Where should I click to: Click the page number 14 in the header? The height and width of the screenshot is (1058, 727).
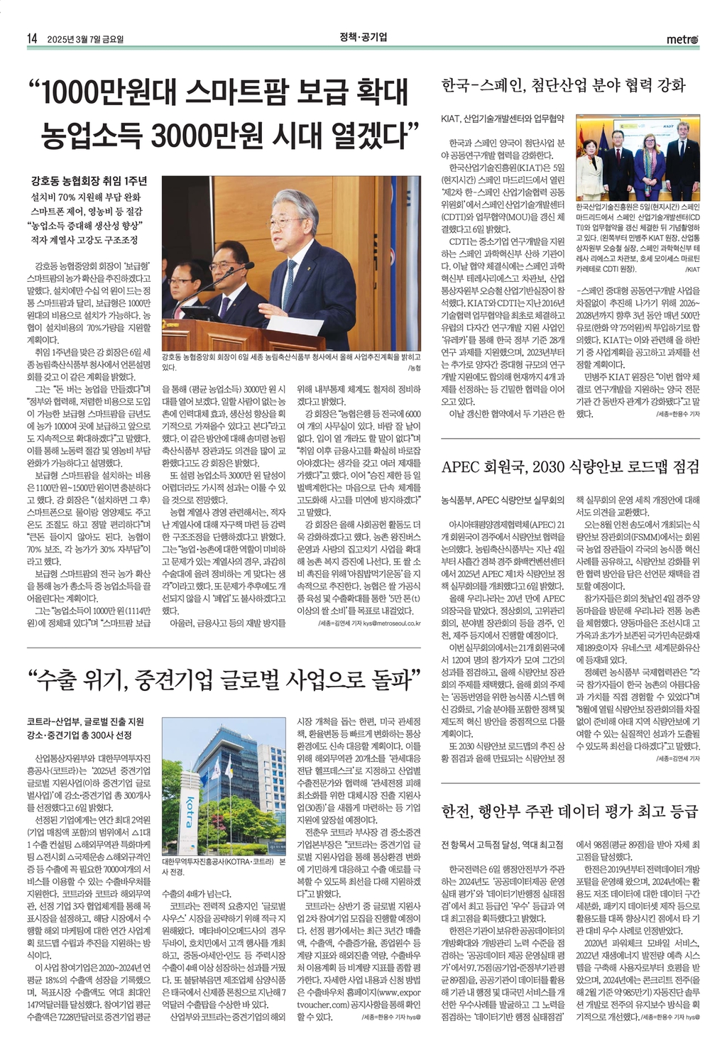click(x=31, y=38)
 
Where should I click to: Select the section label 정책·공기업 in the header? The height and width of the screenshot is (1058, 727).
click(x=363, y=37)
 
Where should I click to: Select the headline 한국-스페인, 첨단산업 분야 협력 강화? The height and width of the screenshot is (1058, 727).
click(x=564, y=86)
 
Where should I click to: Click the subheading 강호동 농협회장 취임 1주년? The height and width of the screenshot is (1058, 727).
click(x=89, y=180)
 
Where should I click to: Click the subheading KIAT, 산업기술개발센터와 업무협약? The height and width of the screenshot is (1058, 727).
click(x=503, y=117)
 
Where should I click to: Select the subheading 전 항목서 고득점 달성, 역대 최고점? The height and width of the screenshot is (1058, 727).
click(x=502, y=845)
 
